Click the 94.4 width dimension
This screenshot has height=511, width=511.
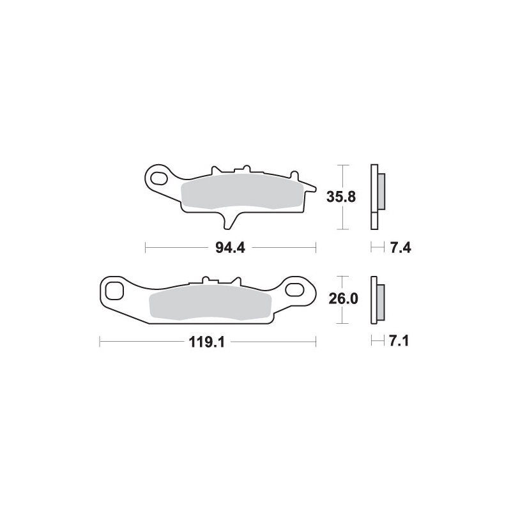tap(230, 248)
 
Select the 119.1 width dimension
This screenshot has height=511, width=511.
tap(207, 342)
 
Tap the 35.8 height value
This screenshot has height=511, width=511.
tap(341, 197)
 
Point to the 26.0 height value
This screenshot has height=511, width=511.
tap(344, 298)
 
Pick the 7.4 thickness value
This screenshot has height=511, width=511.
tap(400, 248)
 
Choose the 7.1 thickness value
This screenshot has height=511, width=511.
tap(399, 341)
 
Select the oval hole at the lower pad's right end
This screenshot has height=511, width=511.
tap(294, 289)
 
